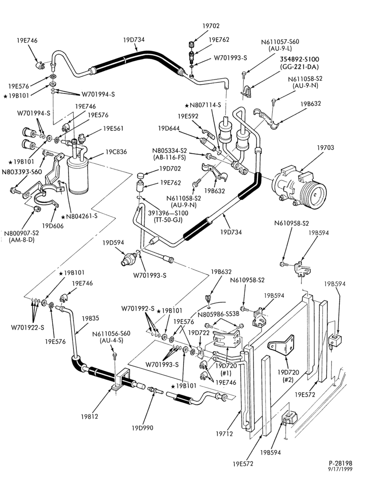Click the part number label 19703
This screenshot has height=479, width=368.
coord(325,148)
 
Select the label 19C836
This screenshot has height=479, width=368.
coord(116,152)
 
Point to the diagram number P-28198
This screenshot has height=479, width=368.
coord(341,463)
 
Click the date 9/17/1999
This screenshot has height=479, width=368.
coord(341,469)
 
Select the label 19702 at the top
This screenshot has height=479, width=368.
coord(211,26)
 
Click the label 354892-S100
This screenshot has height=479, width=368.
coord(299,59)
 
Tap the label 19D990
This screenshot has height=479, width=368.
coord(142,428)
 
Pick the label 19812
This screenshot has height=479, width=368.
coord(90,416)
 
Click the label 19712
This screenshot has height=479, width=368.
coord(224,433)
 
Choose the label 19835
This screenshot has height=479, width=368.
coord(91,318)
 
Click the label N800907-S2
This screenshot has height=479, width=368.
coord(22,233)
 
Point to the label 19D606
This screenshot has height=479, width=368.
coord(53,226)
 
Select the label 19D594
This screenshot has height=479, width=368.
coord(113,243)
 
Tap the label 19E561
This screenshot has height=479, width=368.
coord(113,128)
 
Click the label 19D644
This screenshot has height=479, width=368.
coord(169,128)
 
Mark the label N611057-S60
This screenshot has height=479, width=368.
coord(280,42)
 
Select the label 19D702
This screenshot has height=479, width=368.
coord(170,169)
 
